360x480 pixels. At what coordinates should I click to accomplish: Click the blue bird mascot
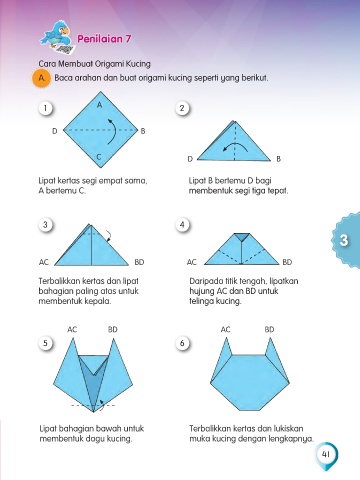[57, 37]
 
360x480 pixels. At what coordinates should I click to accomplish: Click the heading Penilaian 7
[104, 39]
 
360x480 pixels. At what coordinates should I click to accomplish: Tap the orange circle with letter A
[41, 78]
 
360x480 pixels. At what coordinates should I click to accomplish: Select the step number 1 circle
[45, 108]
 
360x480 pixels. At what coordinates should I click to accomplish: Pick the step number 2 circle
[182, 108]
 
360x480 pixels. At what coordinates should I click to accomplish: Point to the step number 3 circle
[45, 224]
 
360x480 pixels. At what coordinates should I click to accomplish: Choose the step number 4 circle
[182, 224]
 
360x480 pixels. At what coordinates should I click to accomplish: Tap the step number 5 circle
[45, 343]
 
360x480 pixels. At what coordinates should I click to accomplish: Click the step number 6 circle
[182, 343]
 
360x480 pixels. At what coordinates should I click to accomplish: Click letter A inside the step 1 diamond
[99, 105]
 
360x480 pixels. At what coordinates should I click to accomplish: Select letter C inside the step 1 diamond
[99, 157]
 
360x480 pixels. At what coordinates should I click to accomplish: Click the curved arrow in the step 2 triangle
[235, 147]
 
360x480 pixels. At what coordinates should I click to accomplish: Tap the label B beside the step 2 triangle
[279, 159]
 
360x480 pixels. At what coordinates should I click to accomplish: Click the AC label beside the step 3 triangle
[44, 262]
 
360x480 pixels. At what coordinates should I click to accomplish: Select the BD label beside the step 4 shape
[287, 262]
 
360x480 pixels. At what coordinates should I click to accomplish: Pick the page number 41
[326, 454]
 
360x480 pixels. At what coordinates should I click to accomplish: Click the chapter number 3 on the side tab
[344, 240]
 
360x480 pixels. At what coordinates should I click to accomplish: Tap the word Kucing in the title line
[138, 64]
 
